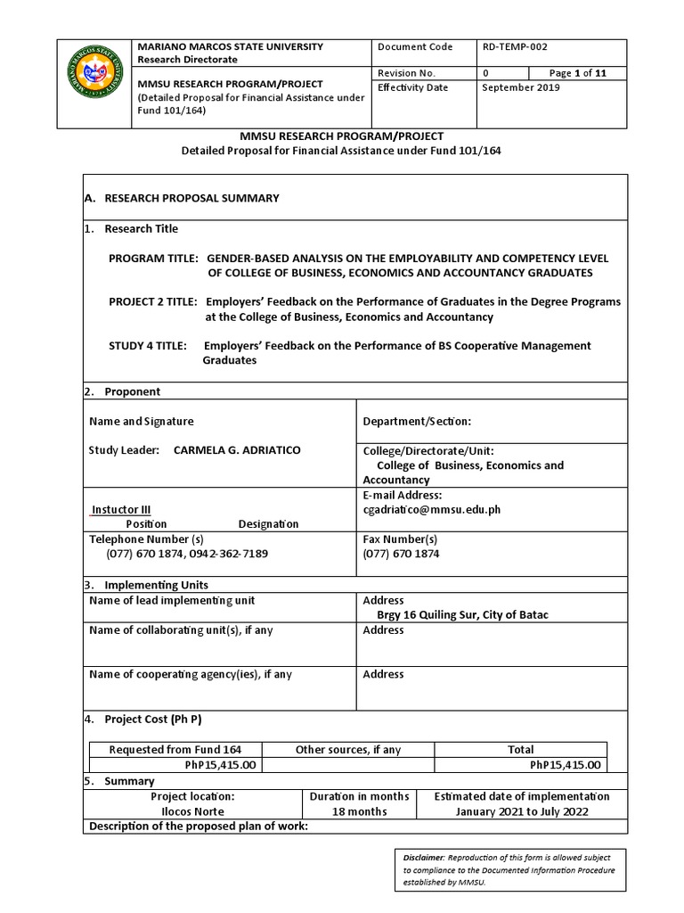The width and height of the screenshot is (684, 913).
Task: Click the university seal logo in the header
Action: click(x=92, y=78)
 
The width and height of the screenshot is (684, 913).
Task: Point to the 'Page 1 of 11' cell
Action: click(x=579, y=73)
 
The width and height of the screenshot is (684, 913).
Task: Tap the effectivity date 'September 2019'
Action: click(x=521, y=87)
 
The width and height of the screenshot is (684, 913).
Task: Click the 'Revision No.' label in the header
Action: click(x=406, y=73)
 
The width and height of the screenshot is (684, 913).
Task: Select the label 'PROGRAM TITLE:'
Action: click(x=153, y=258)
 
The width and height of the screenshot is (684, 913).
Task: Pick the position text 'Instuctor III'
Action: click(x=121, y=510)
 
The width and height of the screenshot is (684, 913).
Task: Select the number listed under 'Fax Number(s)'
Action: click(x=401, y=554)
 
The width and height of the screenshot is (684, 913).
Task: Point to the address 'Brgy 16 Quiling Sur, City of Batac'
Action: click(x=457, y=615)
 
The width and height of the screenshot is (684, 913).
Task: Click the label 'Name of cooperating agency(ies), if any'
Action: click(x=191, y=674)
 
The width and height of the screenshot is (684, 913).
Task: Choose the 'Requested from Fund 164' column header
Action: click(x=175, y=750)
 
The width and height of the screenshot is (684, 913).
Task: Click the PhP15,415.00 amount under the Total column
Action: click(x=566, y=765)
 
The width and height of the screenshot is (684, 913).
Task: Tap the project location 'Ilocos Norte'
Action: click(x=192, y=811)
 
